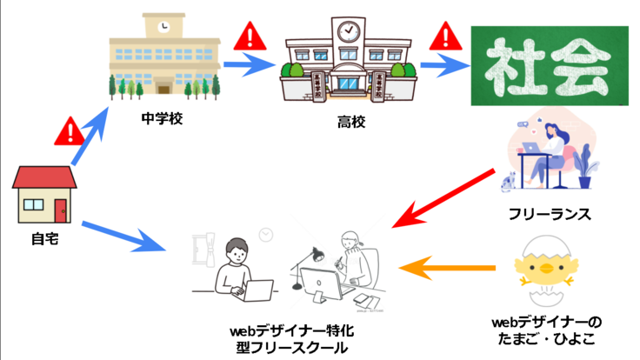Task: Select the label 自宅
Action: pos(43,236)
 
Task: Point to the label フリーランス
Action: pos(550,212)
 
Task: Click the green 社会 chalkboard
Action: pos(549,65)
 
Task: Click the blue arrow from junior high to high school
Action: pos(252,63)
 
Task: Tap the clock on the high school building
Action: pos(348,32)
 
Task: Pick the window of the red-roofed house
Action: pos(33,205)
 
